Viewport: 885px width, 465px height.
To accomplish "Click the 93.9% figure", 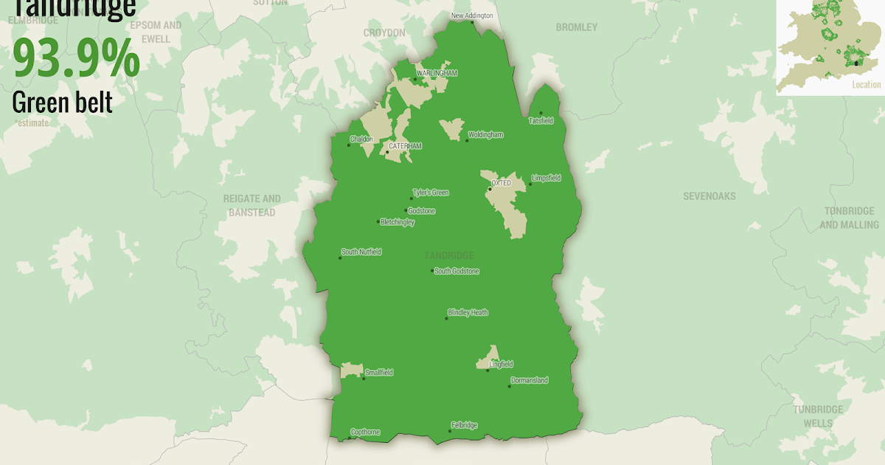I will [x=76, y=58].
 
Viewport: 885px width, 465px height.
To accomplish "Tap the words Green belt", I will [x=62, y=102].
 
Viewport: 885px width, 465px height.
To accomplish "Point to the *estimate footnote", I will [x=31, y=123].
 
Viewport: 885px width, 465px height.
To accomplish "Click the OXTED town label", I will [x=502, y=183].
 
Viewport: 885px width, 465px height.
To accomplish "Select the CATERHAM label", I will [x=406, y=146].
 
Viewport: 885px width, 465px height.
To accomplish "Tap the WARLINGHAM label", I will [x=437, y=73].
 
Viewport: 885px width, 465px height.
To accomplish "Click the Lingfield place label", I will [x=501, y=364].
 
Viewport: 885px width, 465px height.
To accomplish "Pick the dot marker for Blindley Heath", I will [x=446, y=318].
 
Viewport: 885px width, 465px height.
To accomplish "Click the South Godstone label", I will [x=457, y=271].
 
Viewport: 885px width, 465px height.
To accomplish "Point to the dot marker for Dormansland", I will [x=509, y=386].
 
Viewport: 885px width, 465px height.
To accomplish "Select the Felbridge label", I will [x=464, y=425].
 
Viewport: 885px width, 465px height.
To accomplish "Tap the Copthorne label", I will [x=365, y=432].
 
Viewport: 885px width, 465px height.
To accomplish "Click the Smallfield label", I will [x=378, y=373].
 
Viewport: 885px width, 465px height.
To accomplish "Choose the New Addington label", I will [x=473, y=15].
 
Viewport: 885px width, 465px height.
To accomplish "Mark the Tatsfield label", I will [x=541, y=120].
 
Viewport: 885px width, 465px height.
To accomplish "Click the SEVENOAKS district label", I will [x=709, y=197].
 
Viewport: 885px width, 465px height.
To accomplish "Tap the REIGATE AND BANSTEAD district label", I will [x=252, y=205].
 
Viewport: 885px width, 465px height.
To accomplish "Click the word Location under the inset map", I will [x=866, y=85].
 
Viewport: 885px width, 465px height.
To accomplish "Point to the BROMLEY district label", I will [x=577, y=27].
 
